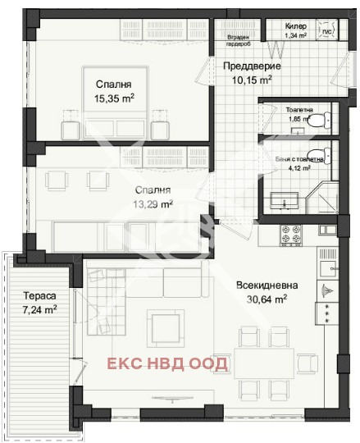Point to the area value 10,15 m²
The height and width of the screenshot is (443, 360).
(x=251, y=80)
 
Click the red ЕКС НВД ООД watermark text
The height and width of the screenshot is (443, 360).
(x=169, y=363)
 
